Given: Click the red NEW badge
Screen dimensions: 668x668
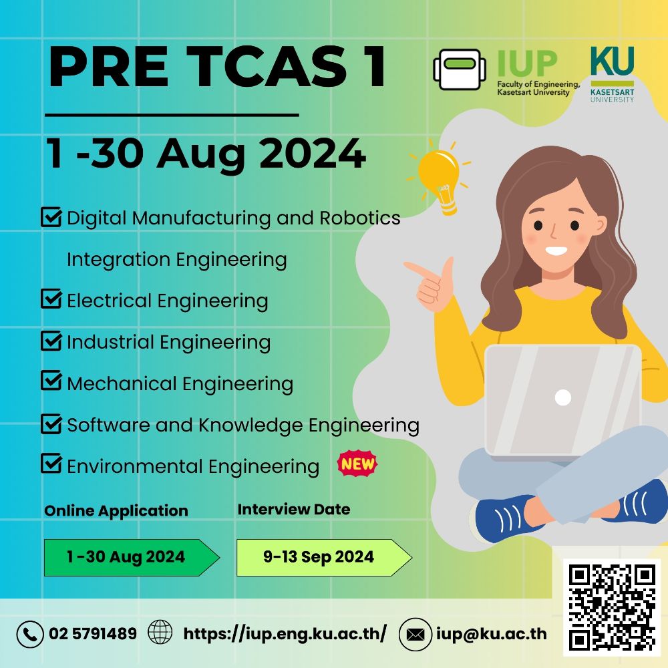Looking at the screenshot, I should click(x=357, y=464).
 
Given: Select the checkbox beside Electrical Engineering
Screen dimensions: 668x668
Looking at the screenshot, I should click(x=51, y=299).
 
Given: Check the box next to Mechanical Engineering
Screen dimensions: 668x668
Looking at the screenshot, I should click(x=51, y=382).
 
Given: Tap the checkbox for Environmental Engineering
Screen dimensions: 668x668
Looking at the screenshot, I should click(x=51, y=464).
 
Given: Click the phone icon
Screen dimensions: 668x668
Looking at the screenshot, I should click(x=30, y=634).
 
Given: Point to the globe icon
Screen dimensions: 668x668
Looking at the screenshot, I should click(x=160, y=632).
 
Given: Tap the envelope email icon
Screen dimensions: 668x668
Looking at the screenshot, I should click(x=415, y=634).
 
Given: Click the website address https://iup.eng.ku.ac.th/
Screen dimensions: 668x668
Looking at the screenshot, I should click(x=285, y=633).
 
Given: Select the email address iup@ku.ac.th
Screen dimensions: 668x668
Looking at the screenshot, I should click(x=491, y=633).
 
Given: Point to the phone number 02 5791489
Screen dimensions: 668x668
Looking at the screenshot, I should click(x=93, y=633).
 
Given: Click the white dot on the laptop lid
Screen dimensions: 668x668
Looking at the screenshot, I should click(x=563, y=397).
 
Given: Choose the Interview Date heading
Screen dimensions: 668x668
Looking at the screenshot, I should click(x=293, y=509).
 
